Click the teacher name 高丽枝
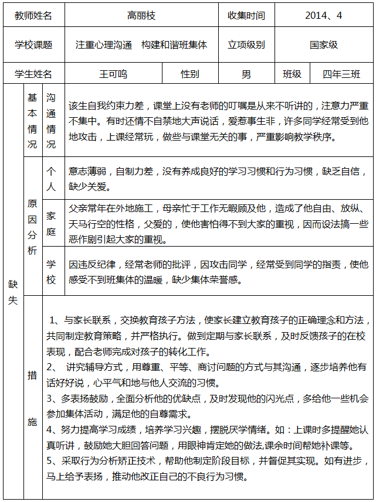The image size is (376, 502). tap(141, 16)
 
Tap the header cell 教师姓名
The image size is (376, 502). tap(33, 16)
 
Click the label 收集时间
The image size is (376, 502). tap(246, 16)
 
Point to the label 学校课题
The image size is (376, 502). tap(33, 45)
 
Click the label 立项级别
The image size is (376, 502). tap(246, 45)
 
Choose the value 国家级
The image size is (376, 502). tap(324, 45)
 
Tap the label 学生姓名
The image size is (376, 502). tap(33, 74)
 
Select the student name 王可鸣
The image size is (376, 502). tap(113, 74)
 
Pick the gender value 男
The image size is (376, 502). tap(246, 74)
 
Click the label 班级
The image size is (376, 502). tap(292, 74)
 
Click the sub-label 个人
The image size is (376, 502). tap(51, 179)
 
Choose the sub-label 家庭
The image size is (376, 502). tap(51, 224)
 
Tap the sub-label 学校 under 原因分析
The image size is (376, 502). tap(51, 271)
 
